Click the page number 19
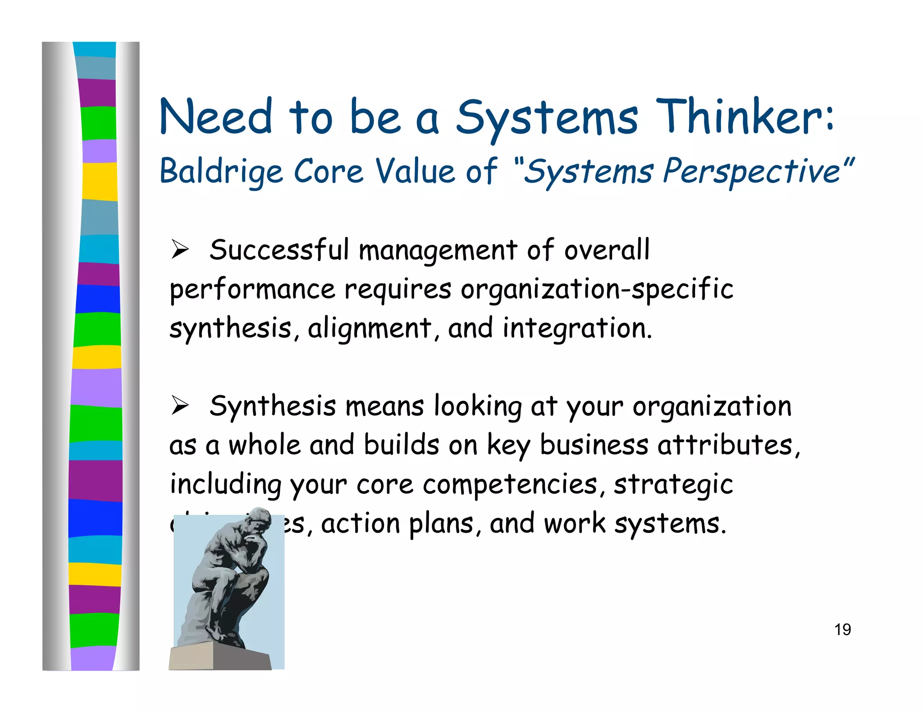tap(842, 630)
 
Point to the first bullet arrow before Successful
tap(179, 250)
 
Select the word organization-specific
tap(597, 289)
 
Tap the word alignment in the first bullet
tap(369, 328)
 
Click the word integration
tap(576, 328)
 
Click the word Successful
tap(279, 250)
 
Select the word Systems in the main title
tap(546, 117)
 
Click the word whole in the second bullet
tap(264, 445)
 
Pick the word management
tap(438, 251)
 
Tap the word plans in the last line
tap(441, 524)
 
